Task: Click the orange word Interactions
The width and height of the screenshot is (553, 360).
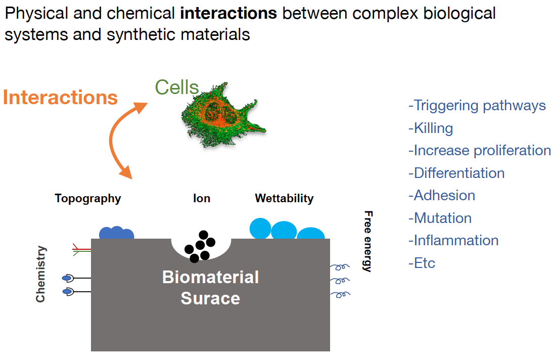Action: (x=60, y=97)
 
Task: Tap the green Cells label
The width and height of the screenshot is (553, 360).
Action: (x=176, y=87)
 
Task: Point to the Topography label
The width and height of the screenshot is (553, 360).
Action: (x=88, y=198)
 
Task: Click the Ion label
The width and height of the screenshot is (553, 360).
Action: (x=201, y=198)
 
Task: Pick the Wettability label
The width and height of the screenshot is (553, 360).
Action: (x=284, y=198)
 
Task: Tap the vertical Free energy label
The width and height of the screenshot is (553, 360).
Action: (x=368, y=241)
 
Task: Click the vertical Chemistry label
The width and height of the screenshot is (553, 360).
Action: (x=40, y=274)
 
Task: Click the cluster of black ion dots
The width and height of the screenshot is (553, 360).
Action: (x=200, y=246)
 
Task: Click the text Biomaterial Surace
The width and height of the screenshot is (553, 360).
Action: (x=210, y=288)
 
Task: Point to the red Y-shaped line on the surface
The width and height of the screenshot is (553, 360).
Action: (x=81, y=248)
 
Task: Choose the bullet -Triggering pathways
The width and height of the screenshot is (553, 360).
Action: (x=477, y=105)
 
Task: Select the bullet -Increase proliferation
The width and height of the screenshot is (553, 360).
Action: (x=479, y=150)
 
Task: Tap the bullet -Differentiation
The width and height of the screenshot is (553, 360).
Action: (x=456, y=173)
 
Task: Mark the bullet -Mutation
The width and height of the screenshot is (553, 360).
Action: (x=440, y=218)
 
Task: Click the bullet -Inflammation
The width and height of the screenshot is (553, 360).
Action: (x=453, y=240)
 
